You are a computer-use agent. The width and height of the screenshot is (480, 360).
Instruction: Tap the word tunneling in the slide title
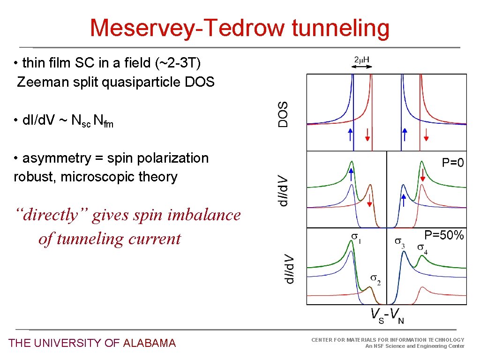(x=340, y=28)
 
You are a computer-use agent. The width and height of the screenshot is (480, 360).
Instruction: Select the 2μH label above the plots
(x=362, y=60)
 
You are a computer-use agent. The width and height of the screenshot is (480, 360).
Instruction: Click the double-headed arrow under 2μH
(x=362, y=67)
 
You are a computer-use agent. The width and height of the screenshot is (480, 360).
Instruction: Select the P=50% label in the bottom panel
(x=444, y=235)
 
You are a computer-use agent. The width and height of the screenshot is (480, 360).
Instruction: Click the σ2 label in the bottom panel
(x=375, y=280)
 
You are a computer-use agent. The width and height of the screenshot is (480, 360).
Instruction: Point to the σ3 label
(x=399, y=243)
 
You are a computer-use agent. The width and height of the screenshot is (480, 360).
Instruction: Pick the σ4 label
(x=422, y=249)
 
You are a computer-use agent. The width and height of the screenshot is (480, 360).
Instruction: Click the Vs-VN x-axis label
(x=387, y=315)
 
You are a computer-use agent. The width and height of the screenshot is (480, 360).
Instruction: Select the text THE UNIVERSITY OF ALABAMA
(x=92, y=343)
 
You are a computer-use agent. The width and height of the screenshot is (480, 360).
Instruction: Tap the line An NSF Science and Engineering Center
(x=414, y=346)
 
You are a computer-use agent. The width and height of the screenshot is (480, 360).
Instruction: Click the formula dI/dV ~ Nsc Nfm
(x=63, y=121)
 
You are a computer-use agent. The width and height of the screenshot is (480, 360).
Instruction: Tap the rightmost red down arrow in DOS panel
(x=426, y=135)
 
